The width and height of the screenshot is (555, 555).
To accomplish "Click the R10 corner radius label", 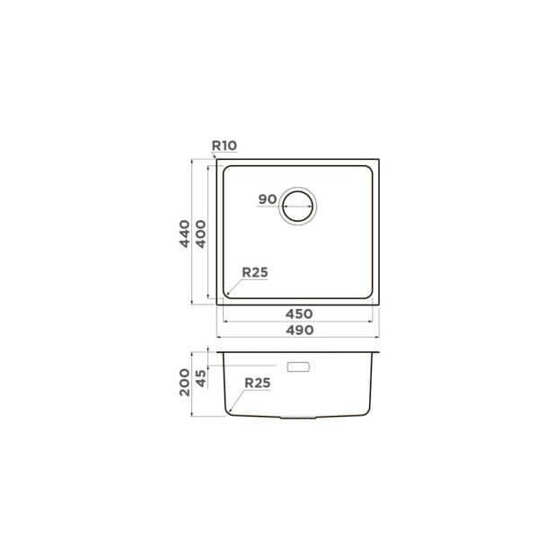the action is [224, 145].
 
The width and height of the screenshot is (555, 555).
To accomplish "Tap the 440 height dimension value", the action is [184, 233].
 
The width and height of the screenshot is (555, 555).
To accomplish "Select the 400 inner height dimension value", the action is [200, 234].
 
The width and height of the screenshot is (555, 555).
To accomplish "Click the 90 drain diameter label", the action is [268, 199].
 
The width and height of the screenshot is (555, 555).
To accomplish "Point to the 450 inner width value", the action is [299, 314].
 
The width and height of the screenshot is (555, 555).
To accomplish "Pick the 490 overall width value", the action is [299, 330].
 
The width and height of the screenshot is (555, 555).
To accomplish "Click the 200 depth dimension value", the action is [184, 383].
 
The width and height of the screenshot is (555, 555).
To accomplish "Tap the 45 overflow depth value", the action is [200, 378].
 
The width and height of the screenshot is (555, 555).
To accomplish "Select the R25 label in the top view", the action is [255, 272].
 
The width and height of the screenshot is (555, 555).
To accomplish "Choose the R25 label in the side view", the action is [258, 383].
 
